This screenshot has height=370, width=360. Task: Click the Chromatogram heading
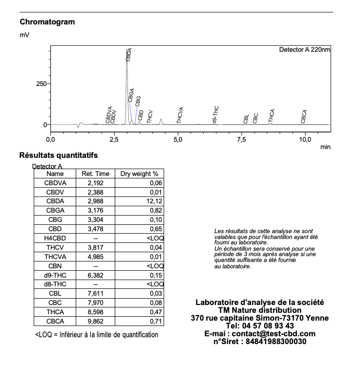47,22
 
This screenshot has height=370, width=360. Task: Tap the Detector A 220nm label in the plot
304,50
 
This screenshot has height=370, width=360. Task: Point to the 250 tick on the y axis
41,84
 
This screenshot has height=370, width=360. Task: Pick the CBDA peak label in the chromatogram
129,54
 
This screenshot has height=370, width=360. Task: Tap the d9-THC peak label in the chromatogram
215,113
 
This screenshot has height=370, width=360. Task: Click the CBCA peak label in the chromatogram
304,116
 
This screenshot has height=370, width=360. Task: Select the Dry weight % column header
139,174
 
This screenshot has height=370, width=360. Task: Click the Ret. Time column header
95,174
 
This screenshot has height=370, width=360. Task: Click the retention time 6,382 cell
95,275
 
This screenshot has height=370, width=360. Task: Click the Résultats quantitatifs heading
58,156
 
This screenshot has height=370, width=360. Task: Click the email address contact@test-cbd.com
274,334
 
